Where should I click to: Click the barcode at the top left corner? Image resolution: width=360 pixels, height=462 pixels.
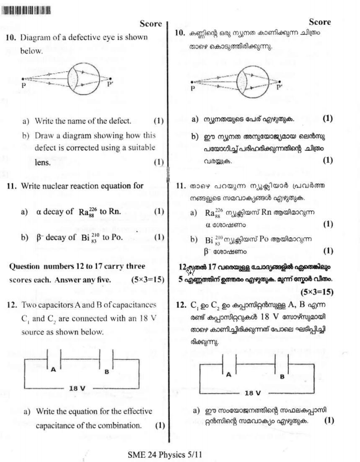(26, 10)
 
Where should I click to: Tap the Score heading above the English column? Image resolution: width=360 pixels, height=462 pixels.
(150, 24)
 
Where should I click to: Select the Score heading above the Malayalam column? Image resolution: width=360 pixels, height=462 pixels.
(320, 22)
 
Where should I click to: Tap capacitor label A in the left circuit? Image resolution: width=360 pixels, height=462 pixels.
(53, 369)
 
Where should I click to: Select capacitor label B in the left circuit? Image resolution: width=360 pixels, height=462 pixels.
(106, 371)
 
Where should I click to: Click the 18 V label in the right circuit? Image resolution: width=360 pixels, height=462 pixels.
(252, 393)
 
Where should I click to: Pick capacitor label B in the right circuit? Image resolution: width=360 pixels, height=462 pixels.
(282, 376)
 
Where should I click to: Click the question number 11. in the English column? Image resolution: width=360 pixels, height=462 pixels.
(12, 186)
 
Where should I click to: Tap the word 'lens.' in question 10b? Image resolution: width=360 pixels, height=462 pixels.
(43, 163)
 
